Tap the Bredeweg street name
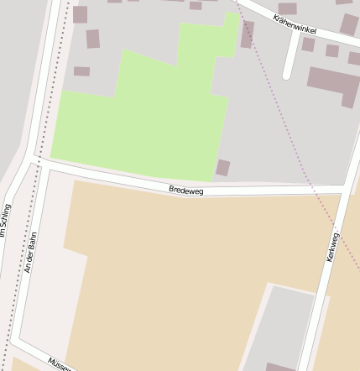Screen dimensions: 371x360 pos(185,191)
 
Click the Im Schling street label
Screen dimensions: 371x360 pos(7,221)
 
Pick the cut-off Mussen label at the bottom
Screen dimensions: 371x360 pos(59,364)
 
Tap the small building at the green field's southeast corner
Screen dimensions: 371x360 pos(222,167)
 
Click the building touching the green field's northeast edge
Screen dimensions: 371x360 pos(248,34)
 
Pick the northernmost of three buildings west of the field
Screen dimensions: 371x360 pos(80,13)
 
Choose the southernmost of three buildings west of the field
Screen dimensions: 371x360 pos(81,71)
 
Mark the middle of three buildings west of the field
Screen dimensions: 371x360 pos(92,39)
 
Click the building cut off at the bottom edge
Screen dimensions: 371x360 pos(280,367)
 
